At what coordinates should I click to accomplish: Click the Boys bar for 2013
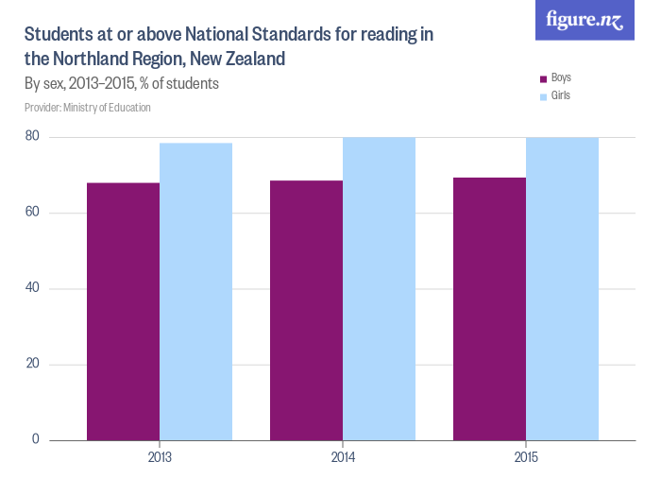[123, 311]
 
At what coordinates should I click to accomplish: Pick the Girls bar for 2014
[379, 288]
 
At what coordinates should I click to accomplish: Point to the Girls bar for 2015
[562, 288]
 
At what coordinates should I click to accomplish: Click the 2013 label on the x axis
[160, 457]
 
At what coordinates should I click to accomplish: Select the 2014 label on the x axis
[343, 457]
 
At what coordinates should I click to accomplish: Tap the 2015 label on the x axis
[526, 457]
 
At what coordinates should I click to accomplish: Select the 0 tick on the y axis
[35, 439]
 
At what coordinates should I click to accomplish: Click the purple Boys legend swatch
[543, 78]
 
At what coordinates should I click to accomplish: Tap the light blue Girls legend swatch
[543, 96]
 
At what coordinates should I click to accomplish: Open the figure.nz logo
[585, 20]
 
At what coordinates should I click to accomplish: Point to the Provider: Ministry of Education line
[88, 108]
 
